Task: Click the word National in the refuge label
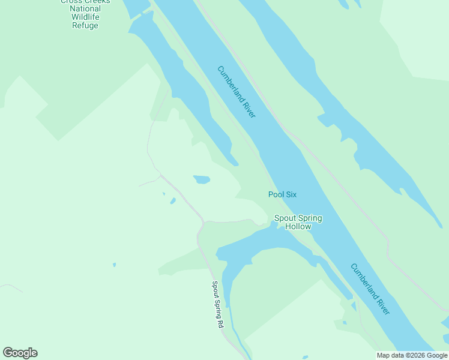point(85,9)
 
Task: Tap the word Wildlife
point(85,17)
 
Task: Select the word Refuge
point(85,26)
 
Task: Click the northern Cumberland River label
point(237,91)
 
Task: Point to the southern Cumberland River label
point(370,289)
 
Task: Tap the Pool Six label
point(282,194)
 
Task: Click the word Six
point(291,194)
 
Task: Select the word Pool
point(276,194)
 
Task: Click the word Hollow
point(298,227)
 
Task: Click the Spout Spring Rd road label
point(217,304)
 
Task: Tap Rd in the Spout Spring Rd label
point(220,323)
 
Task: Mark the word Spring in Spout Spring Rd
point(217,306)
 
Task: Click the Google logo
point(20,353)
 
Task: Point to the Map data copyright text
point(412,355)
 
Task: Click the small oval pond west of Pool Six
point(202,179)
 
